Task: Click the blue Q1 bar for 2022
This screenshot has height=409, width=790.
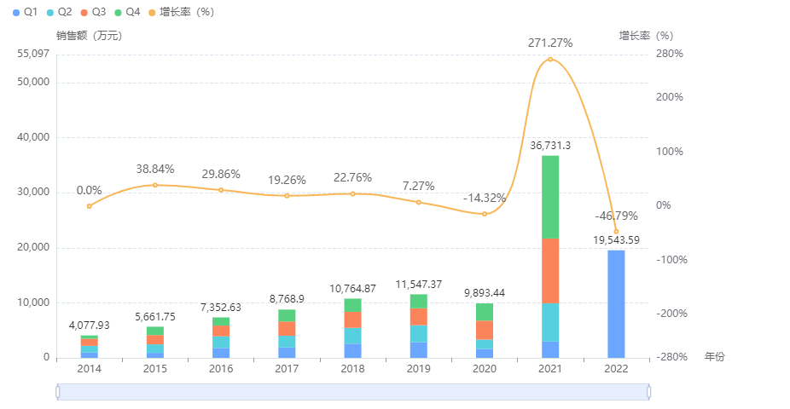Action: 616,303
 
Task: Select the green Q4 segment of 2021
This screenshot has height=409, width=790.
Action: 549,197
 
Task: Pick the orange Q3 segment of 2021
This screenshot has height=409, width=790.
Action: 549,270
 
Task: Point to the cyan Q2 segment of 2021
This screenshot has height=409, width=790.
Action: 549,322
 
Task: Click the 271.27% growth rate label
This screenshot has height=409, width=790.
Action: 550,42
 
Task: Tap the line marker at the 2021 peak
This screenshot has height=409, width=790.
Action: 550,60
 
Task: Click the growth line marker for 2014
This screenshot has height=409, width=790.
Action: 89,206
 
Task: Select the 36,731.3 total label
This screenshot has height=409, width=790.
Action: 549,146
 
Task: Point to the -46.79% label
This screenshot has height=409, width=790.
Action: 616,216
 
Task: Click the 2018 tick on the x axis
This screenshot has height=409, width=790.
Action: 352,369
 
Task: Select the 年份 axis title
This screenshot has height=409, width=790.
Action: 714,357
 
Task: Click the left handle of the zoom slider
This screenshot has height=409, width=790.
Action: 57,392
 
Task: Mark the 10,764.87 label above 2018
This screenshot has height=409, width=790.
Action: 352,289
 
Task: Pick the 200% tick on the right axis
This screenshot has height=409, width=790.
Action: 669,97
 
